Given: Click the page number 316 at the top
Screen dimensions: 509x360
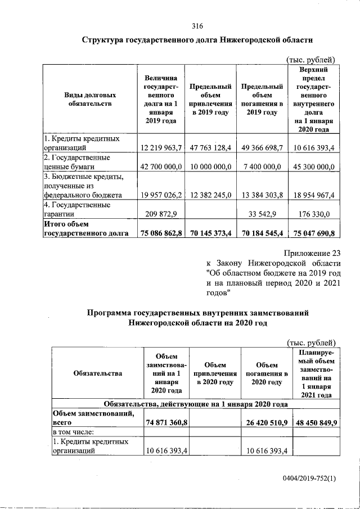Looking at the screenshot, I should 197,26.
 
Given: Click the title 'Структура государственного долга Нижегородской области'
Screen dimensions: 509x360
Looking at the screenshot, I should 197,41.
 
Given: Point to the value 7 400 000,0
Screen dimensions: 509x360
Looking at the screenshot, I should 262,167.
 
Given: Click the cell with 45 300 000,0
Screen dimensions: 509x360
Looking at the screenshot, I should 313,167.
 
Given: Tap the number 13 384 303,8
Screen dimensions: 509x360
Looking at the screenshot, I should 262,196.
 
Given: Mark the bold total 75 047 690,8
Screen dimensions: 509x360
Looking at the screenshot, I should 313,233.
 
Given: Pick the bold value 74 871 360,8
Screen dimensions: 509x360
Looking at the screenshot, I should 166,422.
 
